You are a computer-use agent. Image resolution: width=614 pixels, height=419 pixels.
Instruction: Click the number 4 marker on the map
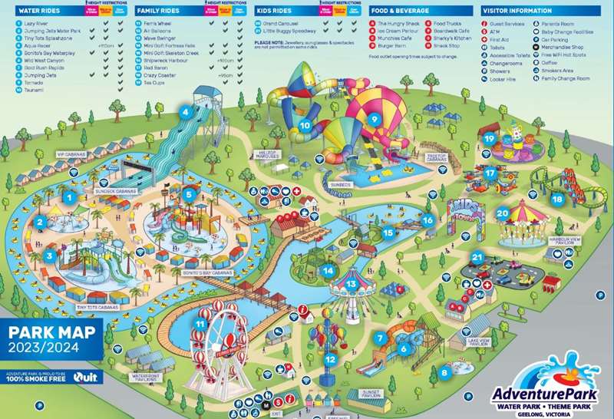185,111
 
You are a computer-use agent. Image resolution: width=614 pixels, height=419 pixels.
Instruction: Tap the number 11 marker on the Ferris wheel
200,324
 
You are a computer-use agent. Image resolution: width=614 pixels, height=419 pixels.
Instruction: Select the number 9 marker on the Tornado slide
374,119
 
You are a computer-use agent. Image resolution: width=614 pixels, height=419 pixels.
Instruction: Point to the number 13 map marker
351,284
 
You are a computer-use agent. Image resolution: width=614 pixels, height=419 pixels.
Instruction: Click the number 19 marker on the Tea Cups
490,138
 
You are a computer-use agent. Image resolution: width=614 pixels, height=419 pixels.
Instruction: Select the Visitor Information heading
517,11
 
